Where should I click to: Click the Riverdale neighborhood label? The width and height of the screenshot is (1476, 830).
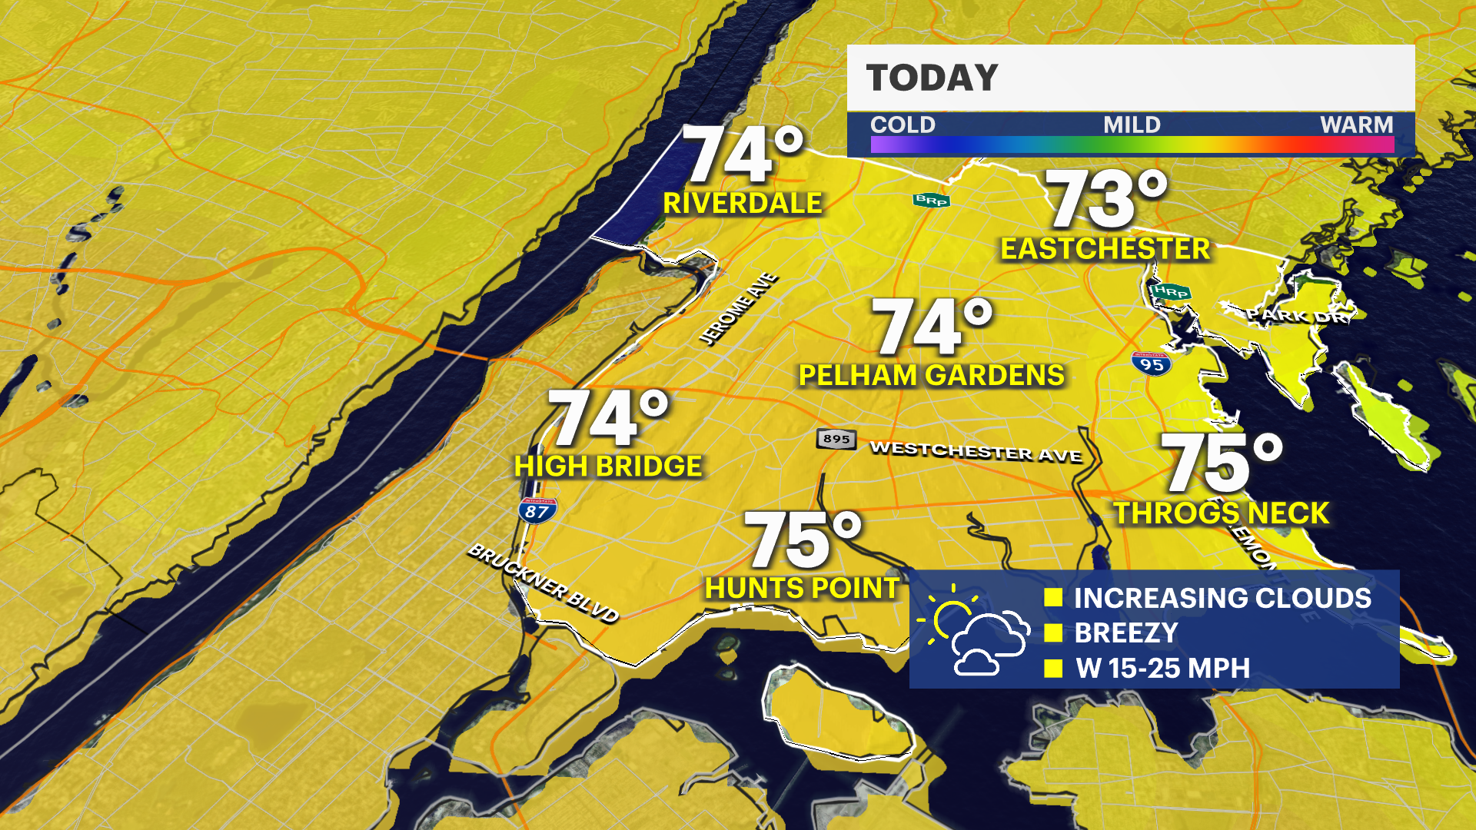[x=742, y=204]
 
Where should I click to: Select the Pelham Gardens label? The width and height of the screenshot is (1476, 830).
[x=931, y=376]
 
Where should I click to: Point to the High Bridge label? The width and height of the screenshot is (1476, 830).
[x=607, y=466]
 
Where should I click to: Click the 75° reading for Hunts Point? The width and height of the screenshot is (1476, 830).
[x=802, y=540]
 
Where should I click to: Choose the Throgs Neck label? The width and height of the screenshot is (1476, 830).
[x=1222, y=513]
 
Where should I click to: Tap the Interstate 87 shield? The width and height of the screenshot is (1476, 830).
[x=537, y=511]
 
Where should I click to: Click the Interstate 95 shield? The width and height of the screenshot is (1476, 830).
[x=1151, y=364]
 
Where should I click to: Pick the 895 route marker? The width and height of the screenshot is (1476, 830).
[x=836, y=439]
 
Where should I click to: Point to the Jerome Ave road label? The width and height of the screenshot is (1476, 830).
[x=738, y=308]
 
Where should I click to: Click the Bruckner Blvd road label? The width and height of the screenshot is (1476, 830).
[x=543, y=583]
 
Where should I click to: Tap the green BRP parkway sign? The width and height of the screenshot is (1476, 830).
[x=931, y=201]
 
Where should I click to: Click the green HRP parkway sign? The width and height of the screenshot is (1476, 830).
[x=1170, y=291]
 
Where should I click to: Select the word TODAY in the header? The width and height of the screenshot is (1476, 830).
[x=932, y=78]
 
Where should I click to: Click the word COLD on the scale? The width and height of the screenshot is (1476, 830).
[x=903, y=124]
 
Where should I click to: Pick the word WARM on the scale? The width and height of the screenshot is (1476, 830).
[x=1356, y=124]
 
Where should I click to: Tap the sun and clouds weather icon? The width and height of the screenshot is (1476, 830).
[x=974, y=630]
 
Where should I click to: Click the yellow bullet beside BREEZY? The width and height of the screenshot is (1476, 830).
[x=1053, y=633]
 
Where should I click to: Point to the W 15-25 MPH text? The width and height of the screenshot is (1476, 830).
[x=1162, y=669]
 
